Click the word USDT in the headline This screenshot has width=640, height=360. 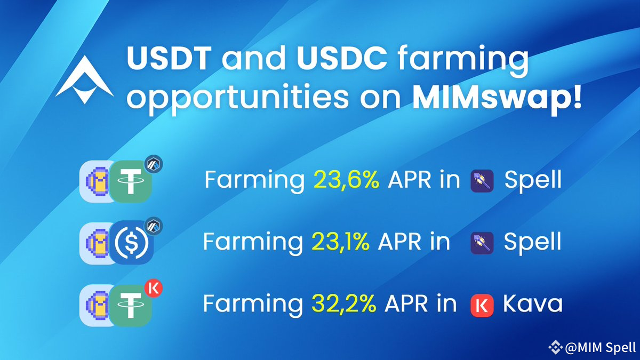(169, 58)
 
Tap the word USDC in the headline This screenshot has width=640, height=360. (342, 58)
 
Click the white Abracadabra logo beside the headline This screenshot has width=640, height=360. (85, 80)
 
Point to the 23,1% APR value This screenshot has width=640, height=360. (341, 242)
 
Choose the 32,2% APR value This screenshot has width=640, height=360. (343, 303)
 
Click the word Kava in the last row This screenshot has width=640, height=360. (532, 303)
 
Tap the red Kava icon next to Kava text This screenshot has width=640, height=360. (482, 306)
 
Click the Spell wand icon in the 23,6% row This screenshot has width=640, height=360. (482, 181)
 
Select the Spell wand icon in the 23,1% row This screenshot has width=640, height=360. (482, 243)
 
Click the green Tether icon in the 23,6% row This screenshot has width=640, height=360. (130, 181)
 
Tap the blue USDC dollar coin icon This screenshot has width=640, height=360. (131, 243)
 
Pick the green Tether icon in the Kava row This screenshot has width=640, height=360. (130, 306)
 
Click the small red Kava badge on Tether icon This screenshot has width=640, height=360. (154, 289)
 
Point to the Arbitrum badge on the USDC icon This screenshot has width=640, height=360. (154, 226)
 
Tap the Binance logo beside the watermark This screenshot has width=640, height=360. (556, 347)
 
